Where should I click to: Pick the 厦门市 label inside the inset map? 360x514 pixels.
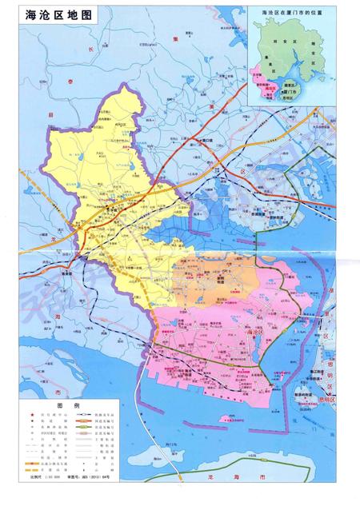pos(290,93)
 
